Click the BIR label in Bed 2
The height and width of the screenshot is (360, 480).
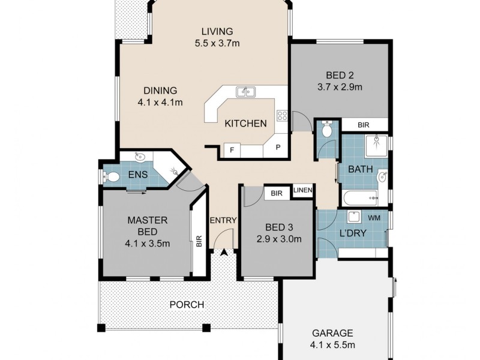[363, 125]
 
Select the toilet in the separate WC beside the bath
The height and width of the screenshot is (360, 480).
[327, 130]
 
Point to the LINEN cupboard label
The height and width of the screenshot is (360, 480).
[303, 191]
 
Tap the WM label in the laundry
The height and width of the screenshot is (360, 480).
[374, 217]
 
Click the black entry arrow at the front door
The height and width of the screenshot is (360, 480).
[225, 254]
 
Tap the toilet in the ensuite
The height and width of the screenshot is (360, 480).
[111, 177]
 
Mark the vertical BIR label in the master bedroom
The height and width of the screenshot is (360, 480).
[198, 242]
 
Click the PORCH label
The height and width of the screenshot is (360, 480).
[186, 305]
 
